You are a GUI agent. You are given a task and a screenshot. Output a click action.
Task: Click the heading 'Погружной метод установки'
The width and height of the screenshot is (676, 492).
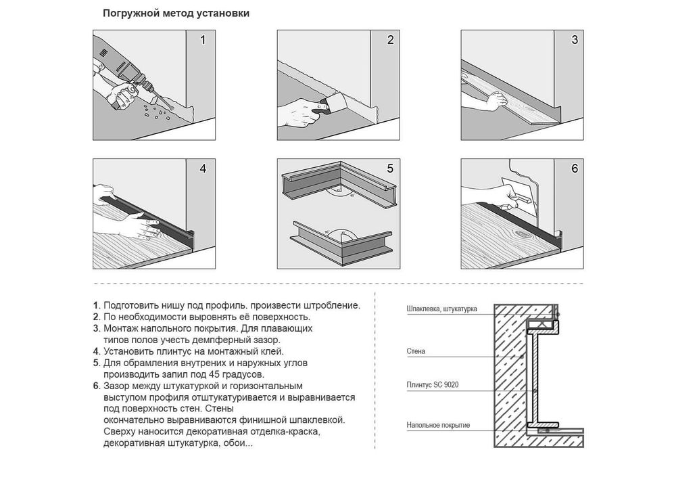176,14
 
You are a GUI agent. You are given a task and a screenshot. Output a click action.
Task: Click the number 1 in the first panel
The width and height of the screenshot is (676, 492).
203,40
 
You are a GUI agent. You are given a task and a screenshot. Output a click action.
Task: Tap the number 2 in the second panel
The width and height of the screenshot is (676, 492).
390,40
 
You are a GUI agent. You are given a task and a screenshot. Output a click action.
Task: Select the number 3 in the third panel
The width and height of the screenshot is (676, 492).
574,40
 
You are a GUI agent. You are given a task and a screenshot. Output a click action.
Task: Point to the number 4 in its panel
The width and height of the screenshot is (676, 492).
203,169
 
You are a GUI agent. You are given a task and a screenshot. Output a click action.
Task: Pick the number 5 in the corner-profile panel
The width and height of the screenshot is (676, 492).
390,169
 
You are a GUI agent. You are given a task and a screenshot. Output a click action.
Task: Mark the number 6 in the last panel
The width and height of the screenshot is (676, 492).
574,169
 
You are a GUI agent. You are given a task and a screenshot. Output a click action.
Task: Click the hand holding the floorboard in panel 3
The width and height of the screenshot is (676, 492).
496,102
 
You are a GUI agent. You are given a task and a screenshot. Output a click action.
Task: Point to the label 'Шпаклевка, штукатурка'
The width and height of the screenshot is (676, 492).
441,309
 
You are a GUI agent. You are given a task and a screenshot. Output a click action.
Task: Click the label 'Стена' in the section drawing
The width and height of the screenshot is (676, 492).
416,351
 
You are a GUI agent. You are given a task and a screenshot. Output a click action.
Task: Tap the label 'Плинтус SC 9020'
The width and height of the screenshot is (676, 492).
433,384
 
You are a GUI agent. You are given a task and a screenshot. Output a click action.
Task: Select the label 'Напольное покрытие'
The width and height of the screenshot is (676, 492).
438,425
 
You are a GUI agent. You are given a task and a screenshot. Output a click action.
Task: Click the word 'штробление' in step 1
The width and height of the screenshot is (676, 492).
331,306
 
